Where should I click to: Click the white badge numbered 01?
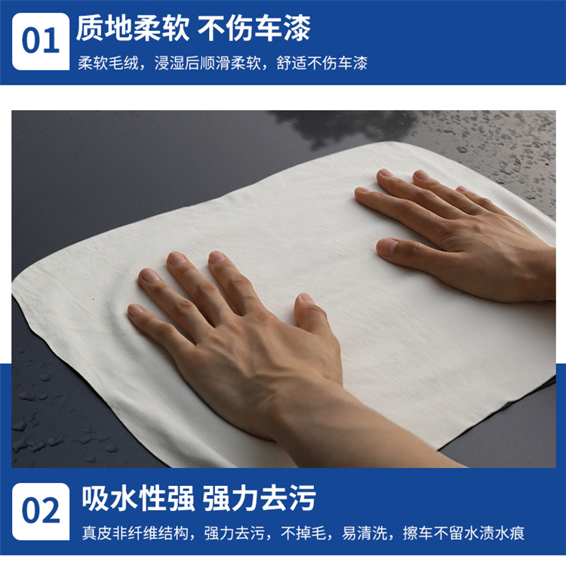pos(41,42)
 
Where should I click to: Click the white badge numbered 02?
pos(41,512)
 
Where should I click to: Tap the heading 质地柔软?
pos(133,29)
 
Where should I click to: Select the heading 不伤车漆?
pos(254,29)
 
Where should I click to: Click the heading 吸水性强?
pos(138,499)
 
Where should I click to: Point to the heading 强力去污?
pos(259,499)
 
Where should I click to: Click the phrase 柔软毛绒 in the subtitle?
pos(108,63)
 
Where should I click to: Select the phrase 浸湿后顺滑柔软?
pos(208,63)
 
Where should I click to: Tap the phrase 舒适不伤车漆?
pos(322,63)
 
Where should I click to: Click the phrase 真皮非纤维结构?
pos(135,533)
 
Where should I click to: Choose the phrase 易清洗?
pos(365,533)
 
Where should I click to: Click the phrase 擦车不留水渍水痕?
pos(463,533)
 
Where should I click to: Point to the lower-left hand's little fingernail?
pos(135,309)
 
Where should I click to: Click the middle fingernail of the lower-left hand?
pos(177,258)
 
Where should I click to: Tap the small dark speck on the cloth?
pos(94,299)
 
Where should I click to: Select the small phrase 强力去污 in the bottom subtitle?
pos(234,533)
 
